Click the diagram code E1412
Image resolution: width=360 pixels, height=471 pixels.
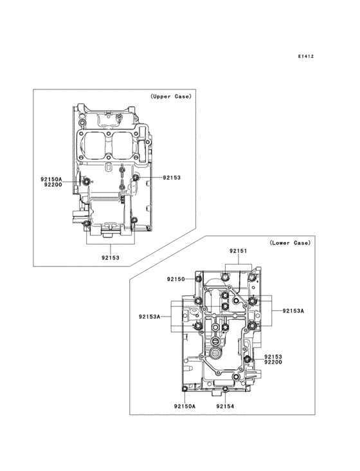306,56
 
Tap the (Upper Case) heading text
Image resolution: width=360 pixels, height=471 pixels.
170,97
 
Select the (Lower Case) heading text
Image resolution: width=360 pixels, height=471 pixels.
290,243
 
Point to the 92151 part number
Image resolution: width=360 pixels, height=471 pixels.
239,251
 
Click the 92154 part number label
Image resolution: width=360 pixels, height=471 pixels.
225,407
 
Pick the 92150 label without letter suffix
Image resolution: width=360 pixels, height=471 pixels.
175,279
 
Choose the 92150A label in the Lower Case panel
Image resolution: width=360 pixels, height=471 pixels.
184,407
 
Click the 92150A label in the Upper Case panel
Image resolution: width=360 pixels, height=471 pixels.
51,180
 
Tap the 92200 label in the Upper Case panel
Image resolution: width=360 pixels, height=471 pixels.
53,185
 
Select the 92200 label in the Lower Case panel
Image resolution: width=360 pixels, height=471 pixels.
273,362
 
